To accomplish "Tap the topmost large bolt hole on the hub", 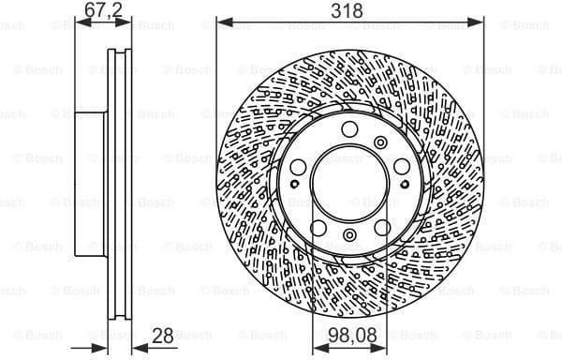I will click(348, 130).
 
